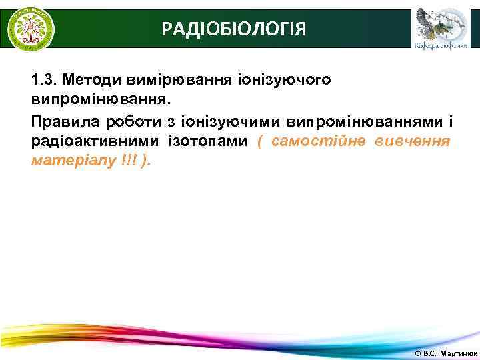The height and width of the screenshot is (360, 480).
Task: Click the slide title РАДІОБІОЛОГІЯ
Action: click(235, 29)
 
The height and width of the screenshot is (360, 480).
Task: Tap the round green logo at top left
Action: click(31, 28)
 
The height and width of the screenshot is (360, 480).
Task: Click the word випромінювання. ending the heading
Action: click(101, 100)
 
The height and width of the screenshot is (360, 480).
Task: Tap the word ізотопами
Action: click(208, 141)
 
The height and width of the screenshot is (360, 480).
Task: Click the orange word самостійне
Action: click(317, 141)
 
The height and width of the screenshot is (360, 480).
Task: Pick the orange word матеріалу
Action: click(67, 161)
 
